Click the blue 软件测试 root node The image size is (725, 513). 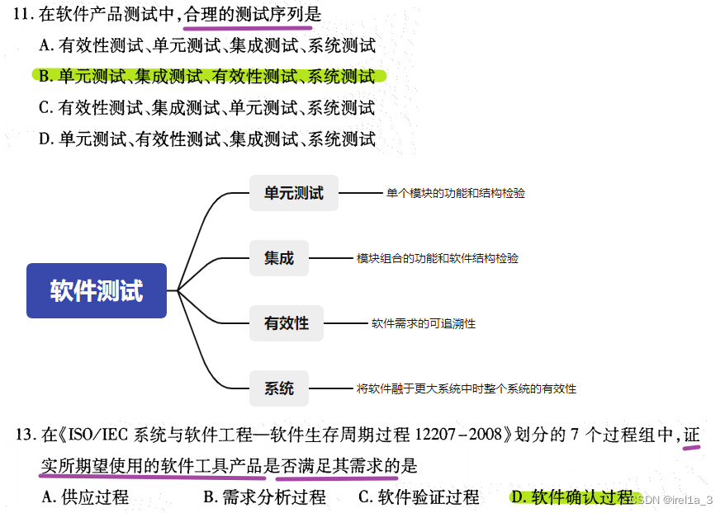pos(97,290)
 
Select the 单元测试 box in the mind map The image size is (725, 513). pos(294,193)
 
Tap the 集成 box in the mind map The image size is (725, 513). pos(279,258)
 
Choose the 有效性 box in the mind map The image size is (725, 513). pos(287,323)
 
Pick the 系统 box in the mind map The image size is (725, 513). pos(279,388)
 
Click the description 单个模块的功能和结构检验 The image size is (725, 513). pos(455,193)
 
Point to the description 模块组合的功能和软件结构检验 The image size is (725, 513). pos(437,258)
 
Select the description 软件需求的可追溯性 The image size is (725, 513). pos(423,323)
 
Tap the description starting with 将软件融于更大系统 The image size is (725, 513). pos(466,388)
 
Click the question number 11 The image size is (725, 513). pos(24,14)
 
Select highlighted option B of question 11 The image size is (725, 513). pos(207,77)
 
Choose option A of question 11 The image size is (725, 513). pos(207,45)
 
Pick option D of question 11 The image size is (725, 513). pos(207,139)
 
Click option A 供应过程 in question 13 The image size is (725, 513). pos(85,497)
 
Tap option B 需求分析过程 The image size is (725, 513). pos(264,497)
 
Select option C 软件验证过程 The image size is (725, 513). pos(419,497)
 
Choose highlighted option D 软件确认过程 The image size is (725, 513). pos(571,497)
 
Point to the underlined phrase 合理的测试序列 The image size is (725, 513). pos(252,14)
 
